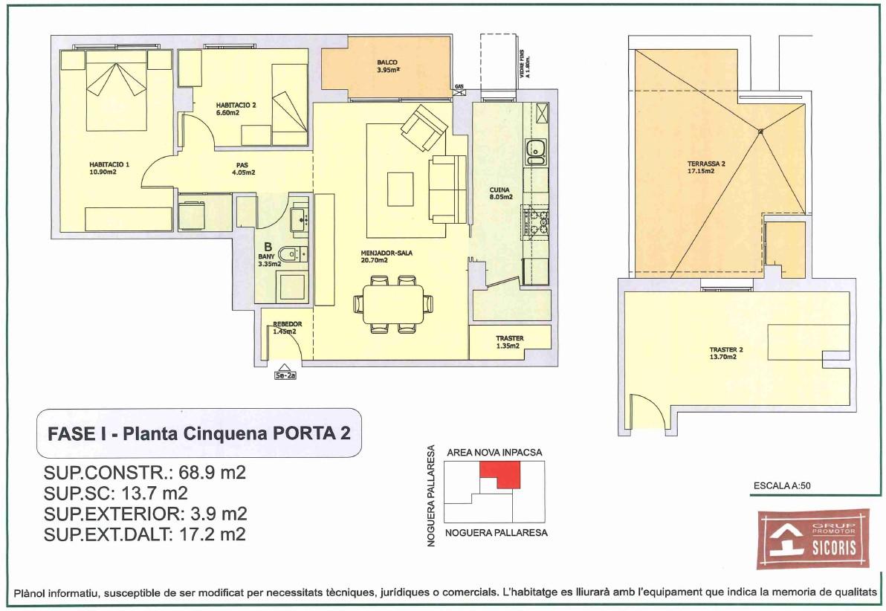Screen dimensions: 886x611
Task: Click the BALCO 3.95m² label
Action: tap(388, 66)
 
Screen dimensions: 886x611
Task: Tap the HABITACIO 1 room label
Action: tap(109, 168)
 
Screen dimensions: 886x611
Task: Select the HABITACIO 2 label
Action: tap(236, 109)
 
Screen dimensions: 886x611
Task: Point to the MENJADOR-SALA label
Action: tap(387, 256)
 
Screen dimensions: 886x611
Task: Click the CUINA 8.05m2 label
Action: tap(501, 193)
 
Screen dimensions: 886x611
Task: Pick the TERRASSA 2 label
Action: tap(706, 167)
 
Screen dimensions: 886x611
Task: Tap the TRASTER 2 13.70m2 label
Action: tap(726, 353)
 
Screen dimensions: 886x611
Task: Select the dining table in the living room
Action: tap(393, 305)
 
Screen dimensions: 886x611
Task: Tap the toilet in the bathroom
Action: tap(291, 255)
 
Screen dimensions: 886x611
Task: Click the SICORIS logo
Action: tap(813, 539)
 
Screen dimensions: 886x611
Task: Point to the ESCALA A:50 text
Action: tap(782, 485)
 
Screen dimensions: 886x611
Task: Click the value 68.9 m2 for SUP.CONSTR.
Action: tap(213, 473)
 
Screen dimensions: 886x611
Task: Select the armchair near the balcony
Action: tap(423, 128)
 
